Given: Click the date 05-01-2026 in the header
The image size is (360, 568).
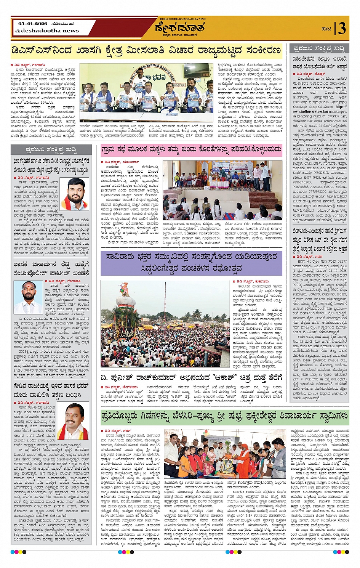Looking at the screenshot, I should [32, 24].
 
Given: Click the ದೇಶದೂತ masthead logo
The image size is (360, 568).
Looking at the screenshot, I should [180, 28].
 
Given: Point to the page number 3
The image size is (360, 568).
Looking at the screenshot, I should [342, 29].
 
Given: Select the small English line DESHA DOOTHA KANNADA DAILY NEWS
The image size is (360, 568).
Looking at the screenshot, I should [180, 19].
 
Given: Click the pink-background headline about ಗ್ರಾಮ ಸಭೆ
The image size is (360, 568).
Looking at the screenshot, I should [191, 150].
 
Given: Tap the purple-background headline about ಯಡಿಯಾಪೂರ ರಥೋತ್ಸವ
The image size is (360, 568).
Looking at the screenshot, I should [192, 263].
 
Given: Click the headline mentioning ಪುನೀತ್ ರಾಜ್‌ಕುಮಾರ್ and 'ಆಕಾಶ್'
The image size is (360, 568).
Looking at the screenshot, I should [191, 378].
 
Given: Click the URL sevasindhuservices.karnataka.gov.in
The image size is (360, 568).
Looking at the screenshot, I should [319, 112].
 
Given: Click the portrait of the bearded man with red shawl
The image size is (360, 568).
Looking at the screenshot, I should [74, 194].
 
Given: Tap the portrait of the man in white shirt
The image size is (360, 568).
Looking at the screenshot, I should [28, 297].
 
